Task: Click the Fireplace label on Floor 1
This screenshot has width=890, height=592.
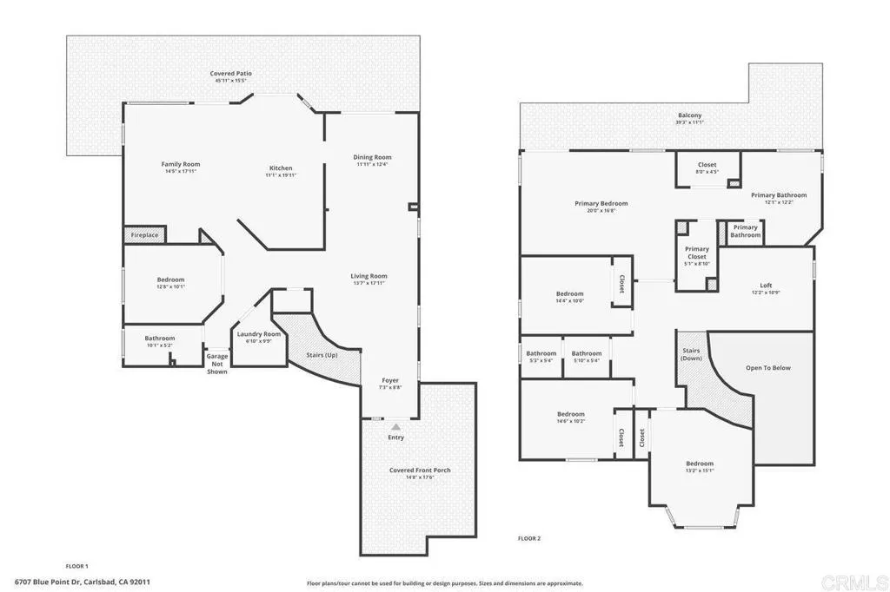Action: click(144, 235)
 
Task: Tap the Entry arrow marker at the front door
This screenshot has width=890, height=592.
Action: click(396, 427)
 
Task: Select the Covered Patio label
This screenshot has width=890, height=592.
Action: click(231, 74)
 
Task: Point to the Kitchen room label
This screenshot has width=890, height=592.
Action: click(280, 168)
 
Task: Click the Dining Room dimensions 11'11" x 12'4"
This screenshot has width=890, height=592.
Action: click(373, 164)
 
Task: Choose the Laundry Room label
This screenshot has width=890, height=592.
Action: click(259, 334)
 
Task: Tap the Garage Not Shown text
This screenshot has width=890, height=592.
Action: click(216, 364)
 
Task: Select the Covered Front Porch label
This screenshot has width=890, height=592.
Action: click(420, 470)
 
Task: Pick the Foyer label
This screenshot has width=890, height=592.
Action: click(391, 380)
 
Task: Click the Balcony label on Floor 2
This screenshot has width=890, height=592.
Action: click(689, 115)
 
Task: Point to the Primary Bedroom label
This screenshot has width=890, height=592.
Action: click(601, 203)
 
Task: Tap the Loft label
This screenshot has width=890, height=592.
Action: click(766, 285)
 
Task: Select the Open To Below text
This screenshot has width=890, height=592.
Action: click(768, 368)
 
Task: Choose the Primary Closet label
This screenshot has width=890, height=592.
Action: click(697, 253)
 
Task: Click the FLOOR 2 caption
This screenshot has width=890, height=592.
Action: click(529, 538)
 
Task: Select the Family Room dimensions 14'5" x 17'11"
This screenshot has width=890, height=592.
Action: click(181, 171)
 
